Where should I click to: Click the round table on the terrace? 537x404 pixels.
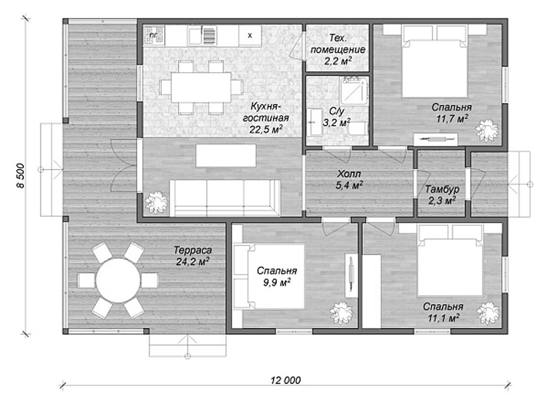click(x=118, y=280)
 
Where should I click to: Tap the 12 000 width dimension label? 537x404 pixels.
click(x=285, y=380)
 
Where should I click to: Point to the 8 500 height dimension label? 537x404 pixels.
click(x=20, y=176)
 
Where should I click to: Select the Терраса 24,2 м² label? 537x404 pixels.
click(x=193, y=256)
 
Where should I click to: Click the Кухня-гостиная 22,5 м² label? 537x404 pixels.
click(x=265, y=118)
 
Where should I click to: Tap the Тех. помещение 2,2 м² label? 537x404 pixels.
click(x=338, y=49)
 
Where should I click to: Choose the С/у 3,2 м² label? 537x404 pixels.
click(x=337, y=117)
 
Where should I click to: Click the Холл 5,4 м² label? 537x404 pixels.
click(x=350, y=180)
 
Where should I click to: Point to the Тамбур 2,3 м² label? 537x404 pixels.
click(x=442, y=194)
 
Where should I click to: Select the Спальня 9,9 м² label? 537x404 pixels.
click(x=277, y=277)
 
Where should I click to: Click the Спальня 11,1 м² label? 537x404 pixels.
click(x=443, y=312)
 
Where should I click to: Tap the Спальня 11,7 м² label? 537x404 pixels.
click(x=452, y=113)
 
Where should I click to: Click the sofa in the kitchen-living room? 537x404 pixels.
click(x=225, y=197)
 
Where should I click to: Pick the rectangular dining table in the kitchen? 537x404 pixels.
click(x=201, y=87)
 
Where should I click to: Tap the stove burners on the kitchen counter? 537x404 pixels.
click(x=154, y=35)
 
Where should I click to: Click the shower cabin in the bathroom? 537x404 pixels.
click(x=354, y=89)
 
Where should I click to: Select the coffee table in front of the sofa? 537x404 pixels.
click(x=226, y=156)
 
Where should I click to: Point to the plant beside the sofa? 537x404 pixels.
click(x=156, y=202)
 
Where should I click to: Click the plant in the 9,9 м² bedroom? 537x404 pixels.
click(x=341, y=313)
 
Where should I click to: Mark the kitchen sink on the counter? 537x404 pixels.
click(x=195, y=35)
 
